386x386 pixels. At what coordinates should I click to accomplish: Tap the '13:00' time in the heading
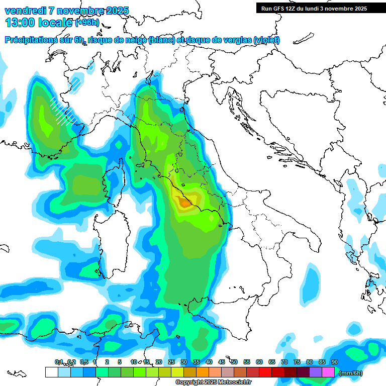pos(19,23)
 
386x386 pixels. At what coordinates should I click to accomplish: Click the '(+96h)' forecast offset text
pos(87,23)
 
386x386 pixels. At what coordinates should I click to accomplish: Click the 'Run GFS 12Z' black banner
pos(314,9)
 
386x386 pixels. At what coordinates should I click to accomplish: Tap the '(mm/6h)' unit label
pos(351,373)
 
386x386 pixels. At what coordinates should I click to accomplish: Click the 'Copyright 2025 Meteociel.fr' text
pos(214,382)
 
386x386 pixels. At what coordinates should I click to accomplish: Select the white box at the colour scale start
pos(51,372)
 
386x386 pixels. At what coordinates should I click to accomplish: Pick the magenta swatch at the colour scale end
pos(328,372)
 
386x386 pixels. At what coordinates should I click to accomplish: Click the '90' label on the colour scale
pos(335,362)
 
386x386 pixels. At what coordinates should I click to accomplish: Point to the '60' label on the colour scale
pos(259,362)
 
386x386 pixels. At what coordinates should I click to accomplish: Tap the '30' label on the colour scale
pos(184,362)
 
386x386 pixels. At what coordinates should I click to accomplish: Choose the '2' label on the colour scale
pos(107,362)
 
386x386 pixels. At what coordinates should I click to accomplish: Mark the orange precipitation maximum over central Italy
pos(184,203)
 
